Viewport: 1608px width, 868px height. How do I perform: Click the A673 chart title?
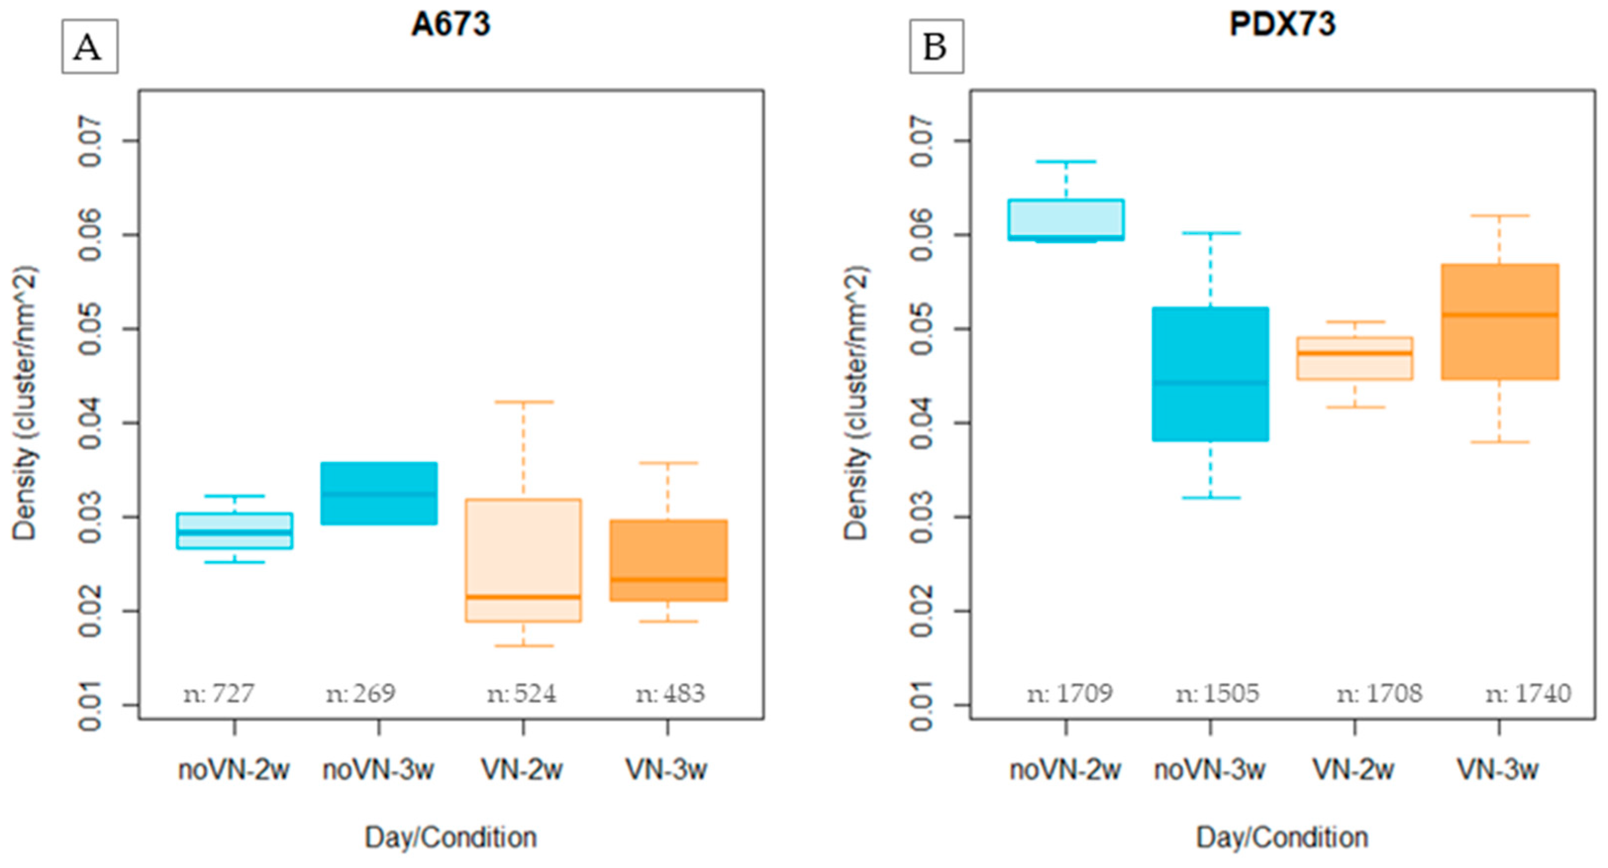tap(451, 25)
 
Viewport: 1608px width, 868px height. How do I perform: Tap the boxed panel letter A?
tap(89, 47)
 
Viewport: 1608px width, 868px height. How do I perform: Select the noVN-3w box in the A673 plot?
tap(379, 493)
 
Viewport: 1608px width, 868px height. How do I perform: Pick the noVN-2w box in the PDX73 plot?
tap(1066, 220)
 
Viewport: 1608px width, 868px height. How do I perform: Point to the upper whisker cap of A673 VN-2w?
tap(523, 402)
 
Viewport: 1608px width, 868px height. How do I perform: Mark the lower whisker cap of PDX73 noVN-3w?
tap(1211, 497)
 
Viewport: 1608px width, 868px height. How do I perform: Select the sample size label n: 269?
tap(361, 693)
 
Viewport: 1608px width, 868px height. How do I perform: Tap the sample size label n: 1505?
tap(1217, 693)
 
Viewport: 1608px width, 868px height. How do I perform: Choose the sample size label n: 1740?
tap(1527, 693)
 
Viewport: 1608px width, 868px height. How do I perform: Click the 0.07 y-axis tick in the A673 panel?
tap(91, 141)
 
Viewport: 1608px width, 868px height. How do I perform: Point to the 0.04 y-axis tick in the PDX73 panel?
tap(922, 423)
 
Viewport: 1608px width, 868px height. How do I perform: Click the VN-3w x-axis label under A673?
tap(666, 770)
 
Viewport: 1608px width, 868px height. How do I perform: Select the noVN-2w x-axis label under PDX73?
tap(1065, 770)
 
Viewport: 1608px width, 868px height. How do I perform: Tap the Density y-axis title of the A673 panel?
tap(25, 403)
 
